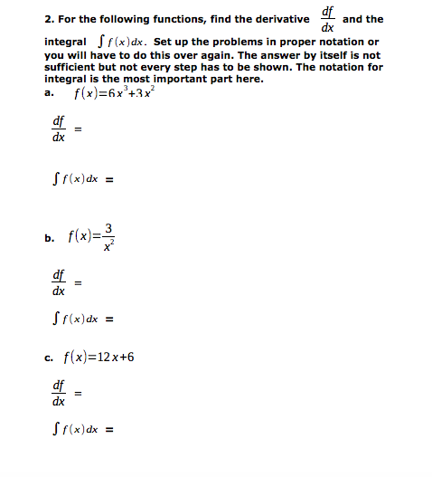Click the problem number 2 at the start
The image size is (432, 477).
click(x=46, y=18)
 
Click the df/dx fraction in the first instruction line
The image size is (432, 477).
click(x=327, y=18)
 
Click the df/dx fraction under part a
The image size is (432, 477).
click(x=58, y=130)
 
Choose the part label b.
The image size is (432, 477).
click(x=48, y=239)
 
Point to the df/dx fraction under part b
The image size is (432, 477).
click(x=58, y=283)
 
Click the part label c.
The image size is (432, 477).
click(x=48, y=358)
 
